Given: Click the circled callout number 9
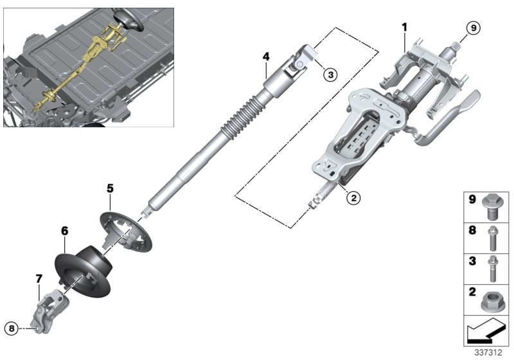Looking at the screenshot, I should click(x=472, y=28).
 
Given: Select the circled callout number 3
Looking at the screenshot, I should click(x=329, y=75).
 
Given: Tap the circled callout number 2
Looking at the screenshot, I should click(x=353, y=198).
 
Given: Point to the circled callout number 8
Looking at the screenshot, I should click(x=11, y=328).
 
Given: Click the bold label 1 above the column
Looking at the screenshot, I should click(x=405, y=27).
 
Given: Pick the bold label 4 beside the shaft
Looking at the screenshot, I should click(x=265, y=57).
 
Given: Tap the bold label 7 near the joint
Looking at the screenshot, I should click(x=39, y=278).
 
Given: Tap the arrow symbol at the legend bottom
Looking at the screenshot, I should click(x=486, y=331).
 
